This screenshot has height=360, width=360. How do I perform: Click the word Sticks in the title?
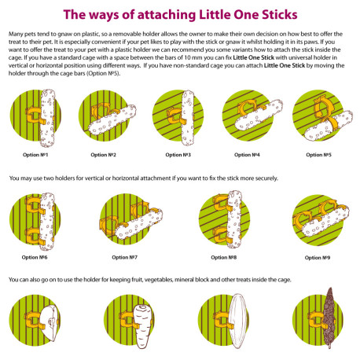pyautogui.click(x=280, y=15)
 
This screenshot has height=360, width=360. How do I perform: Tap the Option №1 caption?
pyautogui.click(x=35, y=155)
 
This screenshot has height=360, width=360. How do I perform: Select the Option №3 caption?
pyautogui.click(x=178, y=155)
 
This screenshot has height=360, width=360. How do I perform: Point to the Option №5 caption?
pyautogui.click(x=318, y=155)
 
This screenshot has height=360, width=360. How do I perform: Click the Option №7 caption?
pyautogui.click(x=124, y=257)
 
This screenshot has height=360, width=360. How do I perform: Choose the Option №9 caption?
pyautogui.click(x=318, y=258)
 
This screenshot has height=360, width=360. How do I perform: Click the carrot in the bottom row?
pyautogui.click(x=142, y=326)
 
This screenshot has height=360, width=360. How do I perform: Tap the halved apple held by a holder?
pyautogui.click(x=50, y=323)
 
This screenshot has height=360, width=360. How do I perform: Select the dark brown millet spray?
pyautogui.click(x=329, y=318)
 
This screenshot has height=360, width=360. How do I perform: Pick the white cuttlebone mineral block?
pyautogui.click(x=237, y=321)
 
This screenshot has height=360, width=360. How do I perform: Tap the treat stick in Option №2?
pyautogui.click(x=112, y=119)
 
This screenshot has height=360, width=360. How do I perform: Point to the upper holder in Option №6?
pyautogui.click(x=34, y=205)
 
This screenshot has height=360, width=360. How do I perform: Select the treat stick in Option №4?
pyautogui.click(x=259, y=115)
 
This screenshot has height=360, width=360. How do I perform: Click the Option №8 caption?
pyautogui.click(x=224, y=257)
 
